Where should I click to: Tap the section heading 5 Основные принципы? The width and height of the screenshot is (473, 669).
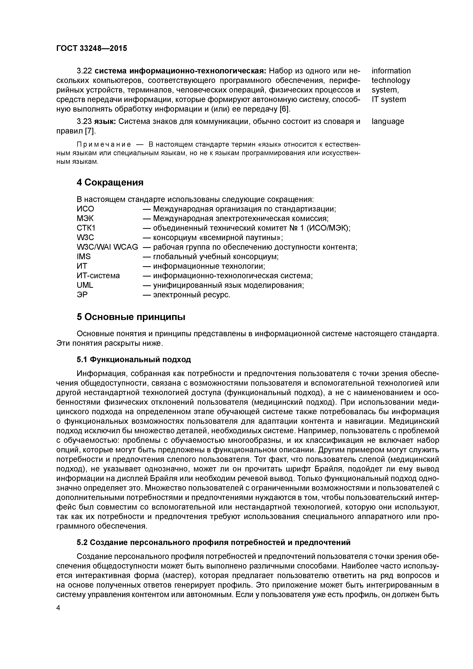(x=131, y=317)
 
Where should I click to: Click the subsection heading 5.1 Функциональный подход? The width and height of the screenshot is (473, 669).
(x=134, y=359)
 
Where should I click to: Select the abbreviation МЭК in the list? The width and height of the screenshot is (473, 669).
(x=85, y=219)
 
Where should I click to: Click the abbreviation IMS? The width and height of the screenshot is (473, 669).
(x=84, y=257)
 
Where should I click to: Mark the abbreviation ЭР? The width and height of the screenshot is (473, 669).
(x=82, y=295)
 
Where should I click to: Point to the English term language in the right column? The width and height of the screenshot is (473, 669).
(x=388, y=121)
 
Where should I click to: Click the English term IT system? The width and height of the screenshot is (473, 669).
(x=389, y=100)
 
